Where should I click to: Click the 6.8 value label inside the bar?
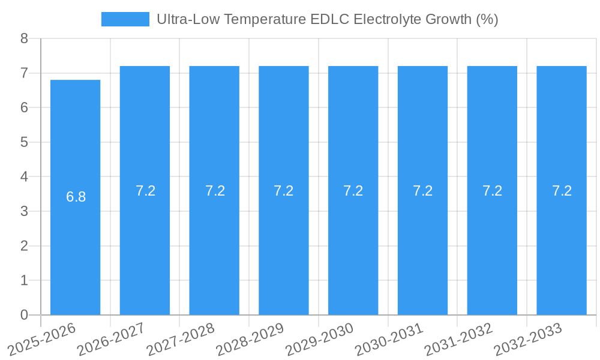coord(76,197)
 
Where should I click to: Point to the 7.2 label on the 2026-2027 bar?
coord(145,191)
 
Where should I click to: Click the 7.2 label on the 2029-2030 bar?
coord(353,191)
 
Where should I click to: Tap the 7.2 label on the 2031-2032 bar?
coord(492,191)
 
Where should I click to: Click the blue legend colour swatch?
coord(125,19)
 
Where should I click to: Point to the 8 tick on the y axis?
coord(24,39)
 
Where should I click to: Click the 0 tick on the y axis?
coord(24,315)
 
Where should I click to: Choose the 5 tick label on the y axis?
coord(24,142)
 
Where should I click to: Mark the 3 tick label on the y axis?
coord(24,211)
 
